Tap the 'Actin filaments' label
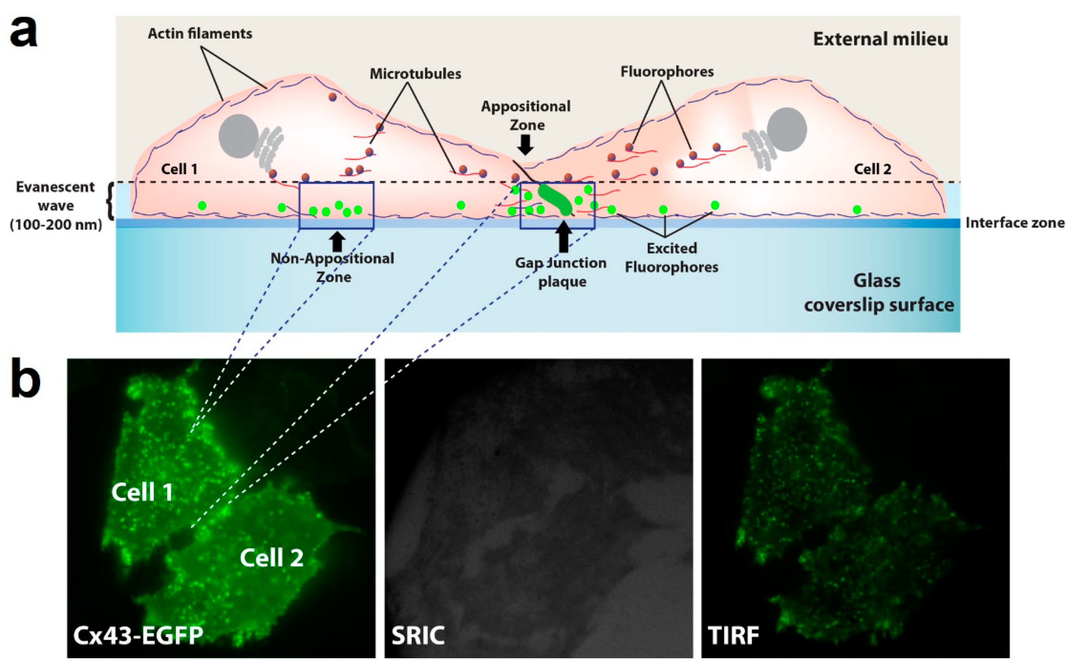point(200,34)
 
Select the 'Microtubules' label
point(415,74)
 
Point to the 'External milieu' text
point(880,39)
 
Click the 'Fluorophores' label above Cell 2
point(667,71)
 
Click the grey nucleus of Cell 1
point(239,136)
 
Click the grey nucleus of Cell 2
point(787,130)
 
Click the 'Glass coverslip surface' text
point(878,293)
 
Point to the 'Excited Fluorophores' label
point(671,258)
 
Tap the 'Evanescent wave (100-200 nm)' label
point(56,206)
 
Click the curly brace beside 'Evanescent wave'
point(110,201)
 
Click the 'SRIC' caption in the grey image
point(418,635)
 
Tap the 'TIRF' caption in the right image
point(733,635)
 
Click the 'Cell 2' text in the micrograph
point(271,558)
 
